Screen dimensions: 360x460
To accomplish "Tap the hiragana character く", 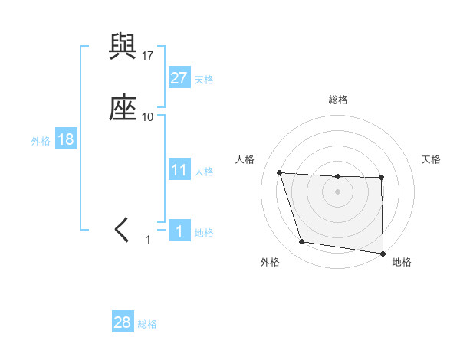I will [123, 230].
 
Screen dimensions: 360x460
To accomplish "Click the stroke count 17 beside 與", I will [148, 56].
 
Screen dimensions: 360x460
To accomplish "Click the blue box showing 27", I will [179, 78].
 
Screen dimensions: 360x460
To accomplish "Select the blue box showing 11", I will [179, 170].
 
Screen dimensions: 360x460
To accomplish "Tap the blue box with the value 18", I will [65, 140].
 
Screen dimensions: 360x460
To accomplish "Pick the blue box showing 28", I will [123, 322].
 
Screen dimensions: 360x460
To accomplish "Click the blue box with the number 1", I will [179, 231].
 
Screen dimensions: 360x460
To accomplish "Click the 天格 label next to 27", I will [204, 80].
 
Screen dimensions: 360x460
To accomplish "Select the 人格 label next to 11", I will [204, 172].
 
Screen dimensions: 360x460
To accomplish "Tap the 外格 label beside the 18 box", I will [41, 141].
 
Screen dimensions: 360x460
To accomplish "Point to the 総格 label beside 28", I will [147, 324].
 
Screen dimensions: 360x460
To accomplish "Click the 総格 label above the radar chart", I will [337, 100].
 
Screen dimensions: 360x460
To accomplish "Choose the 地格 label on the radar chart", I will [402, 262].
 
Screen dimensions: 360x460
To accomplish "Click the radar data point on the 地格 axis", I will [383, 254].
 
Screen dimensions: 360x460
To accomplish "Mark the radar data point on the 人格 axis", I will [280, 173].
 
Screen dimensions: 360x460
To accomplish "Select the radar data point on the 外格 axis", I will [302, 242].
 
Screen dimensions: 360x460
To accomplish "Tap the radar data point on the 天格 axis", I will [381, 178].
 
